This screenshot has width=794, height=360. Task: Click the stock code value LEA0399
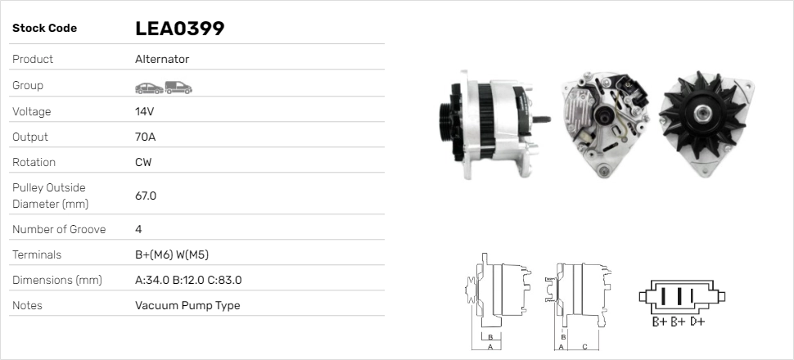(179, 29)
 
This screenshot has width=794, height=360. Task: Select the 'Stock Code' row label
(44, 29)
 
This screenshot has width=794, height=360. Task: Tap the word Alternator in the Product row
(162, 60)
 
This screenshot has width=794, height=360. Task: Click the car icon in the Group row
(148, 88)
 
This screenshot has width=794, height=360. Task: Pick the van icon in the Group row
(178, 87)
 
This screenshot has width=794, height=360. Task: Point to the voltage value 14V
(145, 111)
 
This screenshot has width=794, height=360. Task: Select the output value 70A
(146, 137)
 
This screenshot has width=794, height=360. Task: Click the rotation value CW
(143, 162)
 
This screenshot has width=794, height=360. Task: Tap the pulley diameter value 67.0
(146, 196)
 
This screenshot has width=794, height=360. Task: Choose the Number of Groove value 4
(138, 229)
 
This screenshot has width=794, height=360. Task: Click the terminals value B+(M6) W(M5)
(177, 254)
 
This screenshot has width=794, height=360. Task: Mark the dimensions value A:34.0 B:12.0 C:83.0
(188, 280)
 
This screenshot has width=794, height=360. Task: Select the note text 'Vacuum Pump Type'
(187, 305)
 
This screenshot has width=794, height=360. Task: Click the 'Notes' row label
(27, 305)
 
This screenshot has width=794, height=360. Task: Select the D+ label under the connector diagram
(697, 322)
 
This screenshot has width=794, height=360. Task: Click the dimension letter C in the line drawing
(584, 346)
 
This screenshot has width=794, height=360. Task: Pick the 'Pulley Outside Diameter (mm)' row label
(50, 196)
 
